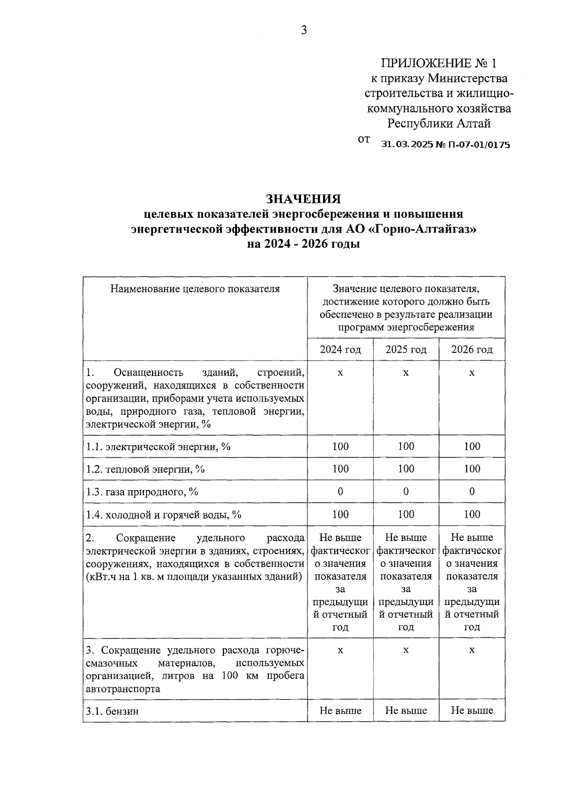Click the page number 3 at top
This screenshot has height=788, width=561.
point(303,31)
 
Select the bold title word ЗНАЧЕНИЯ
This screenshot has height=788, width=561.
point(303,199)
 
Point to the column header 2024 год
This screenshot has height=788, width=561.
point(340,349)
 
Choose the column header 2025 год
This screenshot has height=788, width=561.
point(406,349)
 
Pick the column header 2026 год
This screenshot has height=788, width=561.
point(472,349)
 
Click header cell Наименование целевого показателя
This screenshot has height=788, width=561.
point(195,289)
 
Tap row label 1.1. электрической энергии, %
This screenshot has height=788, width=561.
point(158,447)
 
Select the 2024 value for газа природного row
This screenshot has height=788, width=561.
point(340,491)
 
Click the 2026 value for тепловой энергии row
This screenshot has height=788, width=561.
point(472,469)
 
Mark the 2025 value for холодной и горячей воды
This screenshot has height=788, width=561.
point(406,514)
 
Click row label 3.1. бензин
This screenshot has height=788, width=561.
point(113,711)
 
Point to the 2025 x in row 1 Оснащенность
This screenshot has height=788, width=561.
point(406,373)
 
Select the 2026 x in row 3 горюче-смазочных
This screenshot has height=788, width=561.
point(472,650)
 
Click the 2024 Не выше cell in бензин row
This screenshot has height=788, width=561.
point(340,711)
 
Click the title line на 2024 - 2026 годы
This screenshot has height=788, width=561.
point(303,244)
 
